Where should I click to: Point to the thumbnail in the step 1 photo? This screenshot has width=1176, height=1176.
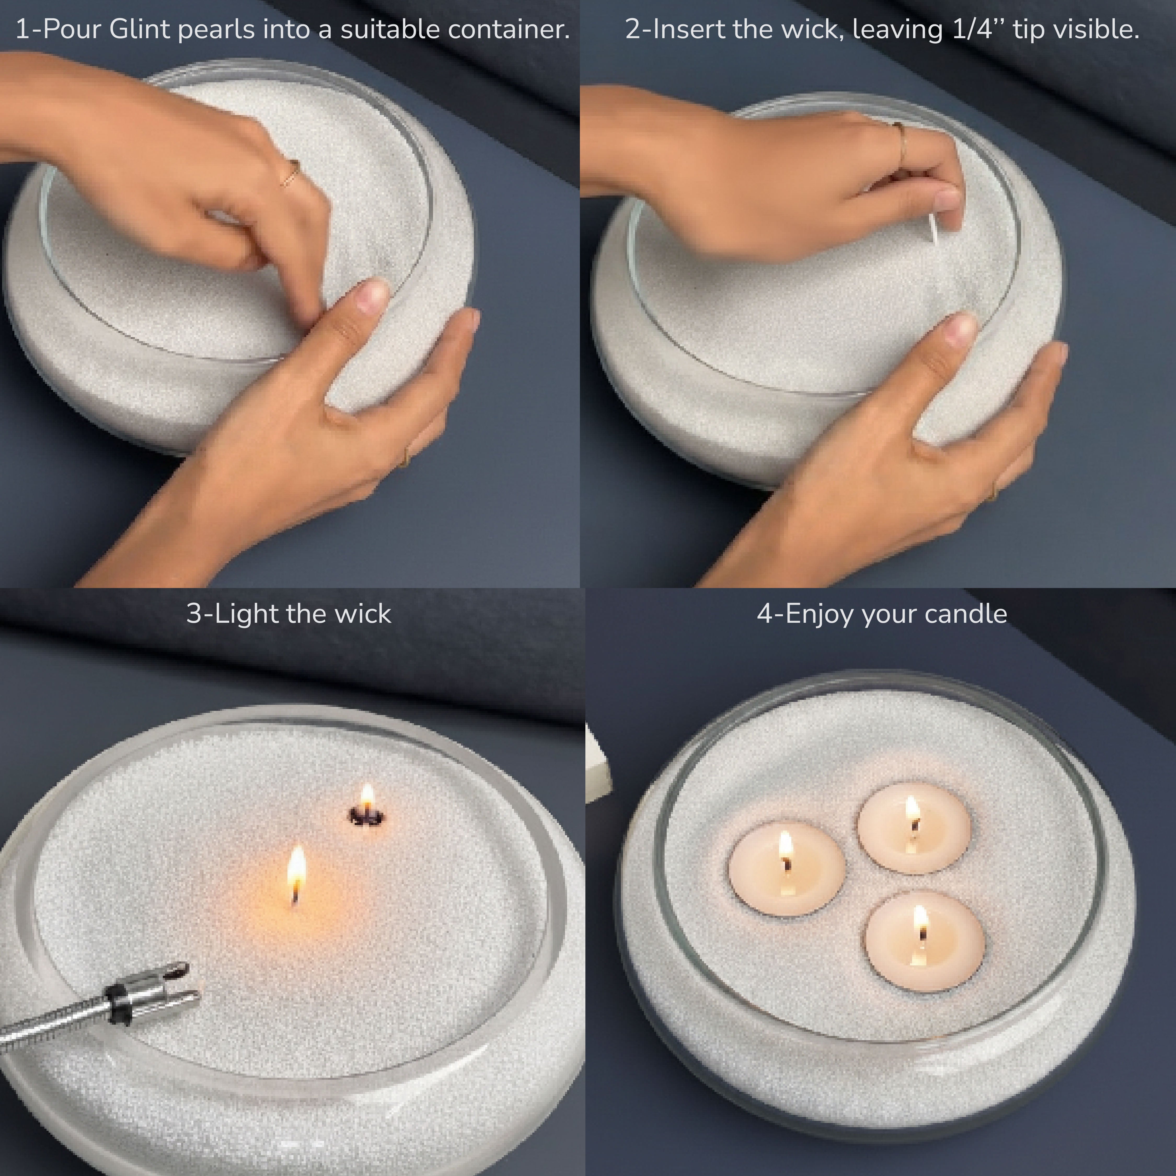pyautogui.click(x=371, y=297)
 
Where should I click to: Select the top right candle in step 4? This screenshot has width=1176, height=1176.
pyautogui.click(x=913, y=827)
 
